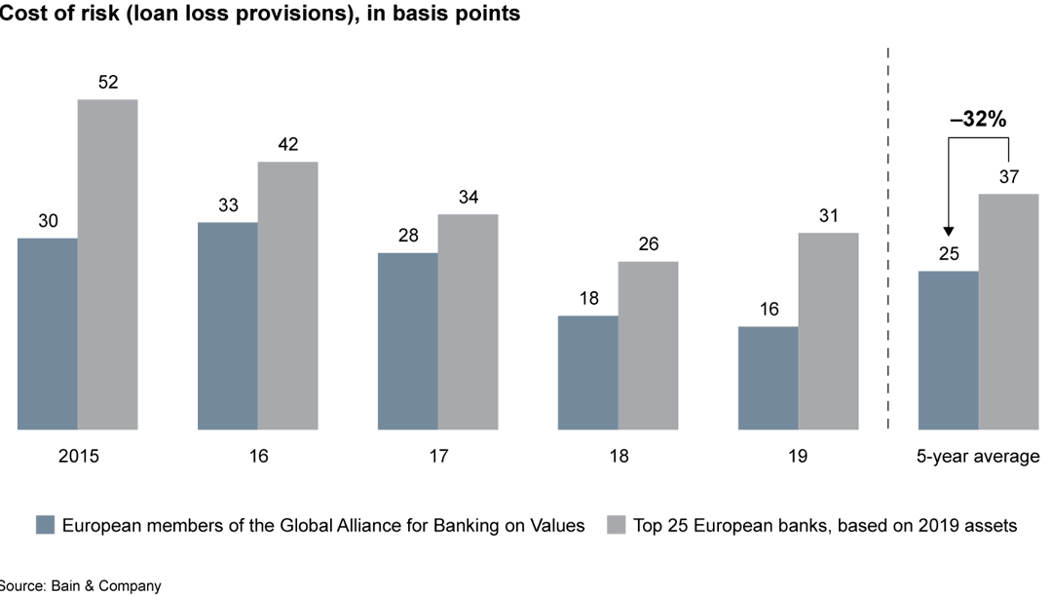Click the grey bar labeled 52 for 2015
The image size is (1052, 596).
coord(107,264)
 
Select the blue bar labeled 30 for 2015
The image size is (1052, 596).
coord(48,333)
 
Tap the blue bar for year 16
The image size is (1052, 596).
coord(228,325)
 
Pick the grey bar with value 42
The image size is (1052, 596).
coord(287,295)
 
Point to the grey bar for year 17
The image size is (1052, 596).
coord(468,321)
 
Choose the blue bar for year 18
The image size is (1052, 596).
coord(587,372)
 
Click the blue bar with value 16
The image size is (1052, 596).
coord(768,378)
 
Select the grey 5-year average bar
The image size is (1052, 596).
coord(1008,312)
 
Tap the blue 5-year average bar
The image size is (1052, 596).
coord(949,350)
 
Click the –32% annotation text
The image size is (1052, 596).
coord(978,119)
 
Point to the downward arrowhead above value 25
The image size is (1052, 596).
coord(949,229)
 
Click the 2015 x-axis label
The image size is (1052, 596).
coord(78,456)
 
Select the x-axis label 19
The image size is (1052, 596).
coord(798,456)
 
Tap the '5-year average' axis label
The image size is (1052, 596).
coord(978,456)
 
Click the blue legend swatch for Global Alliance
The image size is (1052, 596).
coord(45,525)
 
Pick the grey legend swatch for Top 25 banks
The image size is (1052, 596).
coord(616,525)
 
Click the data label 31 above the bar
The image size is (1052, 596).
coord(828,216)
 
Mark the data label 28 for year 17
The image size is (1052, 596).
coord(407,237)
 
